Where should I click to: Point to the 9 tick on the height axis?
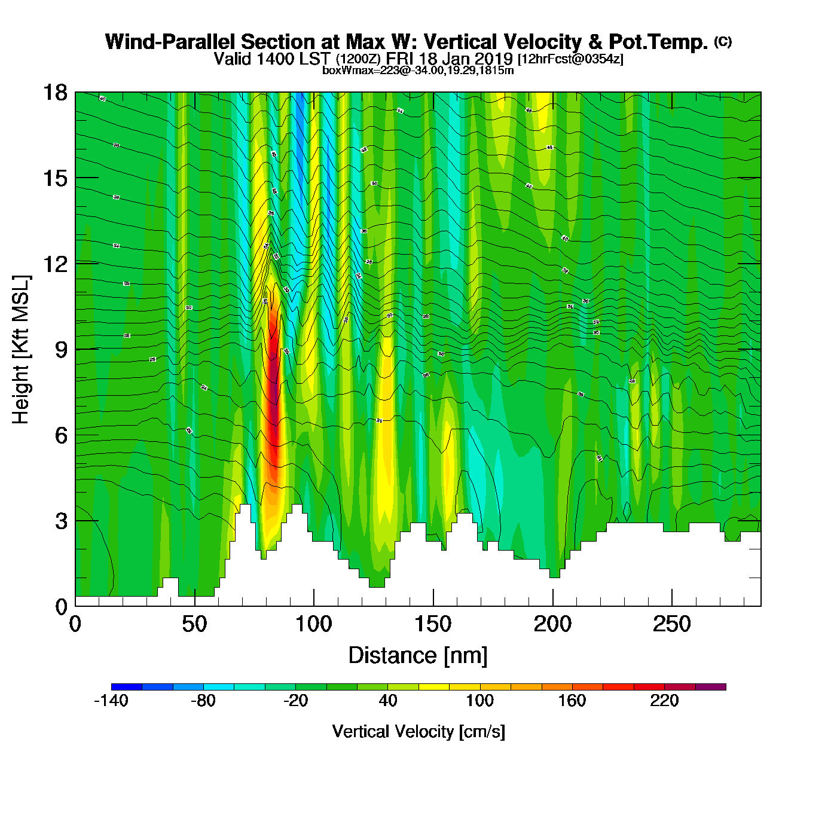tap(75, 349)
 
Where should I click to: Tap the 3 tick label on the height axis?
tap(61, 521)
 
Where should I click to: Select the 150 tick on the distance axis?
tap(433, 606)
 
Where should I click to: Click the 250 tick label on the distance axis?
tap(671, 625)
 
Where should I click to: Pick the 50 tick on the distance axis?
tap(194, 606)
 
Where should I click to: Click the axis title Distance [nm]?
tap(418, 655)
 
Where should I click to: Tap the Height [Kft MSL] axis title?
tap(21, 350)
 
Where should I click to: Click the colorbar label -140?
tap(111, 701)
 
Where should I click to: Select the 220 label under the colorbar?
tap(664, 701)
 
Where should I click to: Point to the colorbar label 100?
tap(479, 701)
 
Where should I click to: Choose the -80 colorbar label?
tap(203, 701)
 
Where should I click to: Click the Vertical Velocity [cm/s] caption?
tap(418, 731)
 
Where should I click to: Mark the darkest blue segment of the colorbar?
tap(127, 687)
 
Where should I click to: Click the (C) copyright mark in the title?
tap(723, 41)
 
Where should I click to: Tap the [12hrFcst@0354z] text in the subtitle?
tap(570, 59)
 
